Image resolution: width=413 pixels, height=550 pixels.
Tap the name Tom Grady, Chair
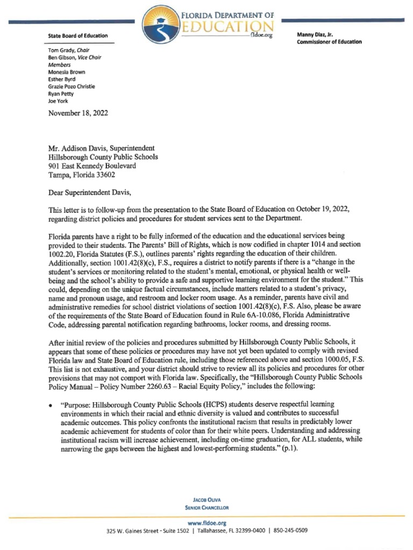[x=68, y=49]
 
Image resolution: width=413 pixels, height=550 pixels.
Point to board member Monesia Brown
[x=67, y=71]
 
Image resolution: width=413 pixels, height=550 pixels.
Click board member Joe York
[x=59, y=100]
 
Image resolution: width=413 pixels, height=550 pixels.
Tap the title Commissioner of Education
[x=329, y=42]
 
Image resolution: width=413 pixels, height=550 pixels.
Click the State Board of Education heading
[x=78, y=36]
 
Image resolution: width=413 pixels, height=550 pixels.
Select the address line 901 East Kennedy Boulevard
[x=92, y=166]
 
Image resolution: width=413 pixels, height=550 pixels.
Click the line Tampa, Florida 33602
[x=82, y=175]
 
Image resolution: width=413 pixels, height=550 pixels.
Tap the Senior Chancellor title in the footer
[x=206, y=506]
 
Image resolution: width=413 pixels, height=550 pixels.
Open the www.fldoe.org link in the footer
[x=206, y=523]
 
